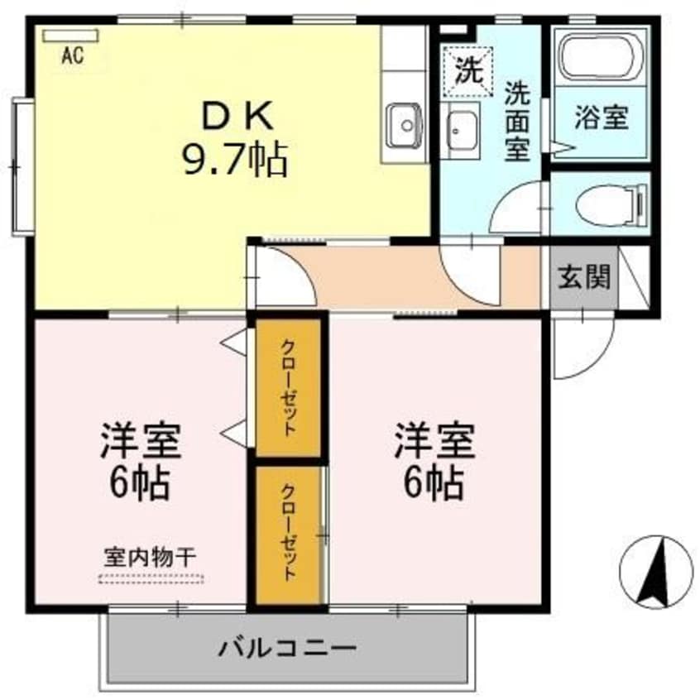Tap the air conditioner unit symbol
(70, 36)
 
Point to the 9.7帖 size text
(235, 158)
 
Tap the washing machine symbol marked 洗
(468, 69)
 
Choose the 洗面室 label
(518, 121)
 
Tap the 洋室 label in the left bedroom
(141, 439)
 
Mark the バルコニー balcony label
(287, 646)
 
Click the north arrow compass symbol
(655, 572)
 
